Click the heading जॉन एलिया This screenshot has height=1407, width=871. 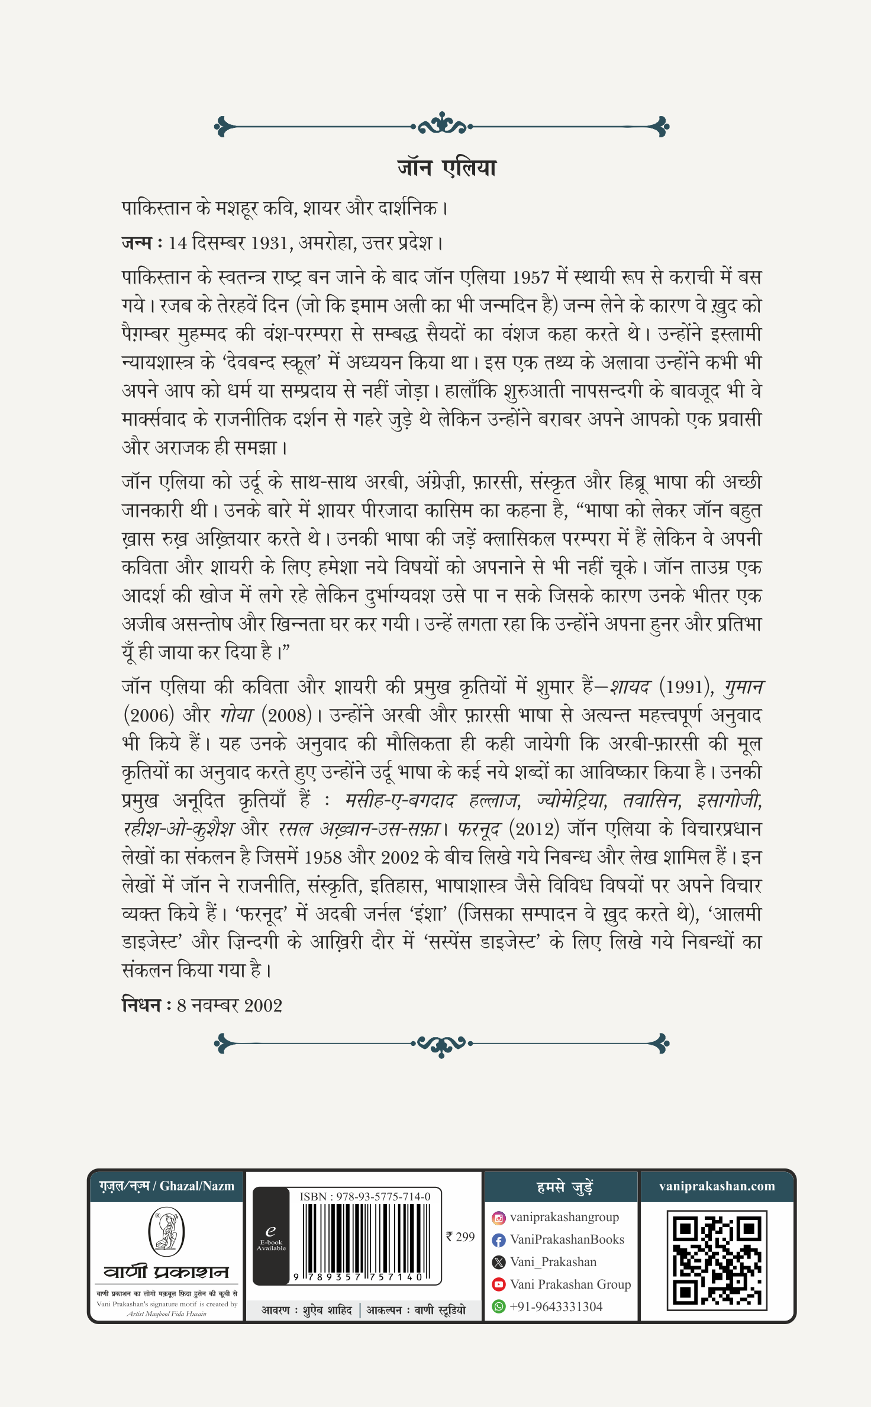[447, 168]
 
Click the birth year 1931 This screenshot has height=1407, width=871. [270, 243]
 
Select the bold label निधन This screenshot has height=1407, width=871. [141, 1005]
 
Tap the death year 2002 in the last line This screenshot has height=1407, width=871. [263, 1006]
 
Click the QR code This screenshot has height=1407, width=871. [717, 1260]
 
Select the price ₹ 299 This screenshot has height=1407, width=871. [460, 1237]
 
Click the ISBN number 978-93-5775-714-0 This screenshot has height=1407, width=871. [365, 1196]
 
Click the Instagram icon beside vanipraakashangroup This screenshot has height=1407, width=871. [499, 1218]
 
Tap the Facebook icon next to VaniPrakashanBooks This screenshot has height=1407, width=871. [499, 1240]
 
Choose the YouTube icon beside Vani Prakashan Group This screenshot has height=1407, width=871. [499, 1284]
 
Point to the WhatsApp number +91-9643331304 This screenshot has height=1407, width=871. [556, 1306]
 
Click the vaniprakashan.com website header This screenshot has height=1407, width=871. [717, 1186]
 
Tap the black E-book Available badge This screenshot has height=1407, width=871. [271, 1237]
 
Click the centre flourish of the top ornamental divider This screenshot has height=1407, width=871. [441, 125]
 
